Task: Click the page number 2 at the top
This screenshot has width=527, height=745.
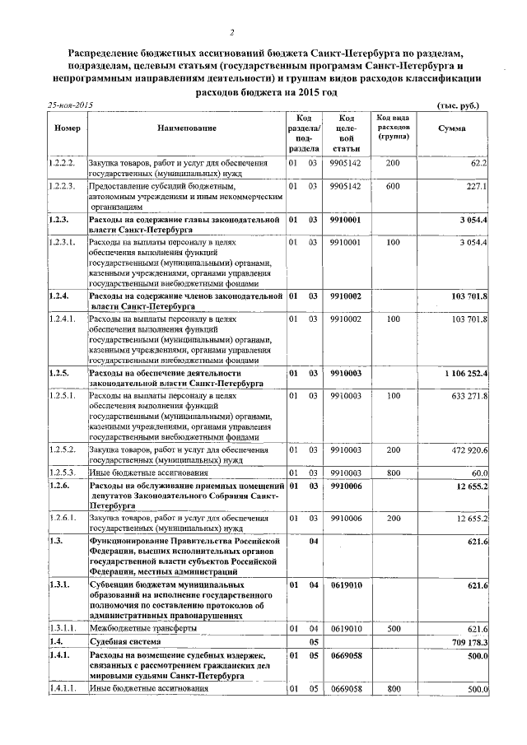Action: pyautogui.click(x=232, y=32)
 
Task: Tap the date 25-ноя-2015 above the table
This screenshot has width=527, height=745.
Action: pyautogui.click(x=71, y=106)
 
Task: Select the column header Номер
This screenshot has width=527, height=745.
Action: pyautogui.click(x=66, y=129)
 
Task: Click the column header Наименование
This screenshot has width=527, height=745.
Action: pyautogui.click(x=187, y=129)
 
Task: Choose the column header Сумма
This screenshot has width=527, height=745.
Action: pyautogui.click(x=450, y=129)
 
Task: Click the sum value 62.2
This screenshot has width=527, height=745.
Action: pyautogui.click(x=478, y=164)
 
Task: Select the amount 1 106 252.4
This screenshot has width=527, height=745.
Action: pyautogui.click(x=466, y=374)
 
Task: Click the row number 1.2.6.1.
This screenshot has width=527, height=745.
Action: pyautogui.click(x=63, y=518)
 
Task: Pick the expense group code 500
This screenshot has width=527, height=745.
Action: pyautogui.click(x=392, y=628)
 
